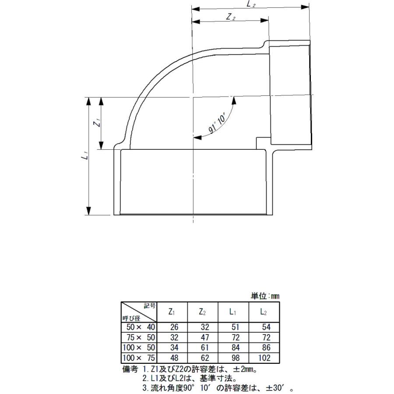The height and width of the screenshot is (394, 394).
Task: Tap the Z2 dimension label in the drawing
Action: [231, 17]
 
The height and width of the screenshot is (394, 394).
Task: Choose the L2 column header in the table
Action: [264, 312]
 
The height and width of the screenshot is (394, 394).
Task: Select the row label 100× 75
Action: [139, 358]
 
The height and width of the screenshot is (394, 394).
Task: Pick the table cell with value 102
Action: [264, 358]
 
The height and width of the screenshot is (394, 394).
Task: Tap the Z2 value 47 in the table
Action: [203, 338]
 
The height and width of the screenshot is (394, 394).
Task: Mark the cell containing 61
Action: [203, 348]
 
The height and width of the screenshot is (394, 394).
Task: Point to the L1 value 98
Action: [233, 358]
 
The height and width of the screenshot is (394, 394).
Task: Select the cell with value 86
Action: [264, 348]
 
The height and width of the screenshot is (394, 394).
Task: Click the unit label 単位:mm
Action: [265, 296]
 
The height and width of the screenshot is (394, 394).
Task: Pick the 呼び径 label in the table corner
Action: [131, 318]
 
